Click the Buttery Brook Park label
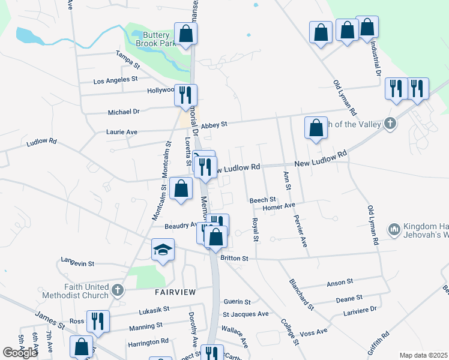tap(151, 40)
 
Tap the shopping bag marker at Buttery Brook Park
tap(186, 35)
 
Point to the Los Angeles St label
tap(116, 79)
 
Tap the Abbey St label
tap(214, 125)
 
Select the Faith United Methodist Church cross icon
tap(117, 290)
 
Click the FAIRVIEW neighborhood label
tap(175, 292)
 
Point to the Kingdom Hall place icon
tap(394, 229)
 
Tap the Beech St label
tap(262, 199)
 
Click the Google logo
tap(20, 352)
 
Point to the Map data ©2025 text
tap(423, 355)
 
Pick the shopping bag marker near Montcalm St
tap(181, 189)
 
